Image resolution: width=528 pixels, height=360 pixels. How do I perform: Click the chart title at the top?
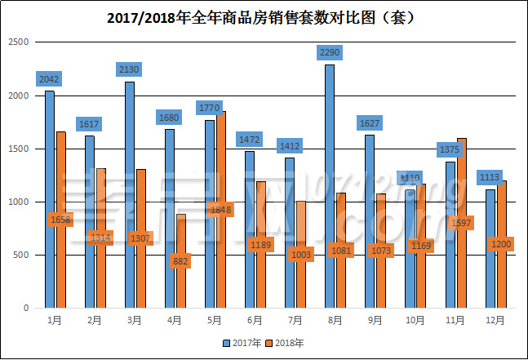(x=263, y=16)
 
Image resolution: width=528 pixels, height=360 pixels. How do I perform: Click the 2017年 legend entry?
(x=243, y=343)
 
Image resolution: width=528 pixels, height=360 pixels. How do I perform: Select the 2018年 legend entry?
(x=286, y=343)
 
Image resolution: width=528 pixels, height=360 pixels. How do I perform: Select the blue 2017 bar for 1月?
(x=50, y=199)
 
